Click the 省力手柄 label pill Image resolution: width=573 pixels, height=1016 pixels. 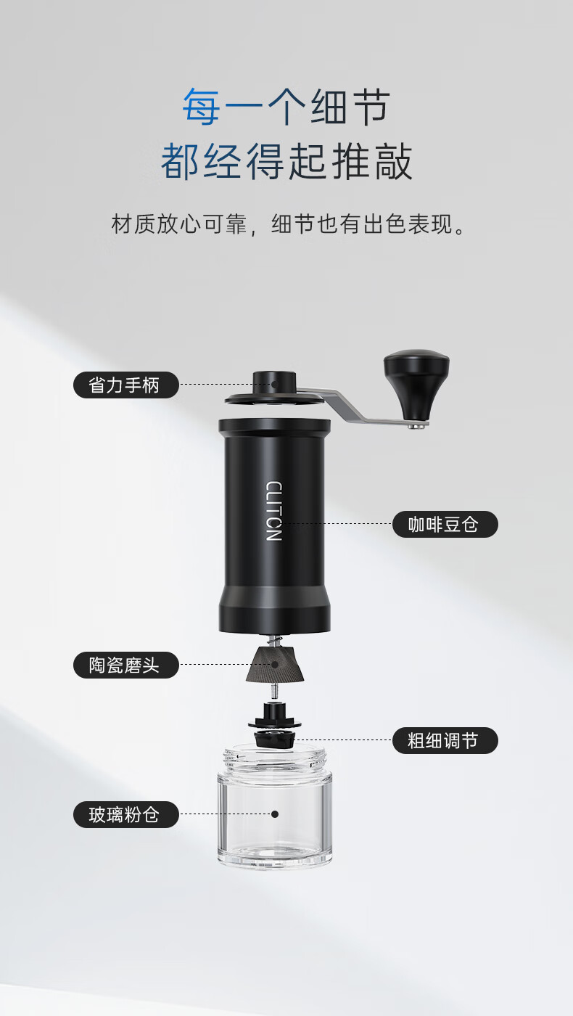coord(126,385)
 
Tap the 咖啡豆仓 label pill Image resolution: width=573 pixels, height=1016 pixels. coord(445,524)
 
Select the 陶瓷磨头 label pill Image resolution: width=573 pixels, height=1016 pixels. coord(126,665)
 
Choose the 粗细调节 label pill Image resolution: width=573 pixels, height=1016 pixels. coord(445,741)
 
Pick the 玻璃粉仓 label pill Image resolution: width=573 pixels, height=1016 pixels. coord(126,814)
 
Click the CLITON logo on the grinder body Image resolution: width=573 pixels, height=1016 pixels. coord(274,511)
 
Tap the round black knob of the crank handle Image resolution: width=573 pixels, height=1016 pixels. coord(416,381)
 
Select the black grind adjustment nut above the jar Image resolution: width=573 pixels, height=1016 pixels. coord(274,730)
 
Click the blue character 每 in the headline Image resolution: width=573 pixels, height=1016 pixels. coord(202,107)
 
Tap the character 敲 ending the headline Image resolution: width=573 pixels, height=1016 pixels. coord(392,161)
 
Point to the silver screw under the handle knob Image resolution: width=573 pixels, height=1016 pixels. coord(418,425)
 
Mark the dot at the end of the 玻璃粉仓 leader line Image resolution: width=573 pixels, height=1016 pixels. coord(275,814)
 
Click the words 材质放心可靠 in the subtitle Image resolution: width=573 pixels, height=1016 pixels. coord(178,224)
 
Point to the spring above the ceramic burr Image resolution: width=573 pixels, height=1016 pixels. coord(273,640)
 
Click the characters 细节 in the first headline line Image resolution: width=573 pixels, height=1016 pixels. coord(350,107)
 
